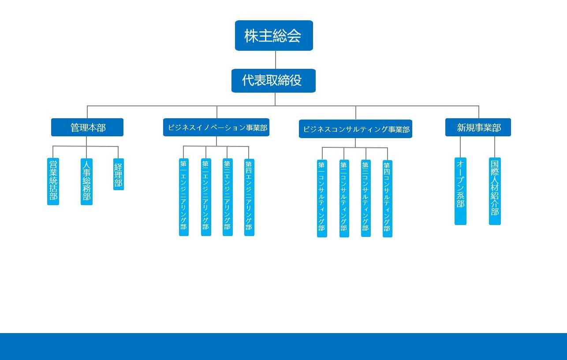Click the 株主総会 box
(274, 35)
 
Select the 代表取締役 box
(273, 81)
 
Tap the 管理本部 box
(87, 127)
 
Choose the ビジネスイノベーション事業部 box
(216, 127)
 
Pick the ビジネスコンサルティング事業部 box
(355, 129)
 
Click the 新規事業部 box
(478, 127)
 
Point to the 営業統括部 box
(53, 181)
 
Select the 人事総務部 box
(86, 182)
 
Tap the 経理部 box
(119, 174)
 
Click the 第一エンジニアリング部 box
(184, 197)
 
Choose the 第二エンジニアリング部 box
(206, 197)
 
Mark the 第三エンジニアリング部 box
(228, 197)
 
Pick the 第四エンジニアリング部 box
(249, 197)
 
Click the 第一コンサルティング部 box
(322, 199)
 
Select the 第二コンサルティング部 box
(344, 199)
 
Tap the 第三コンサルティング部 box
(366, 199)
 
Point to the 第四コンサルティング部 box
(388, 199)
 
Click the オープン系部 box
(460, 191)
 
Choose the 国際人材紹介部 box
(495, 191)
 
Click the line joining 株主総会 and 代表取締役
(276, 60)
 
